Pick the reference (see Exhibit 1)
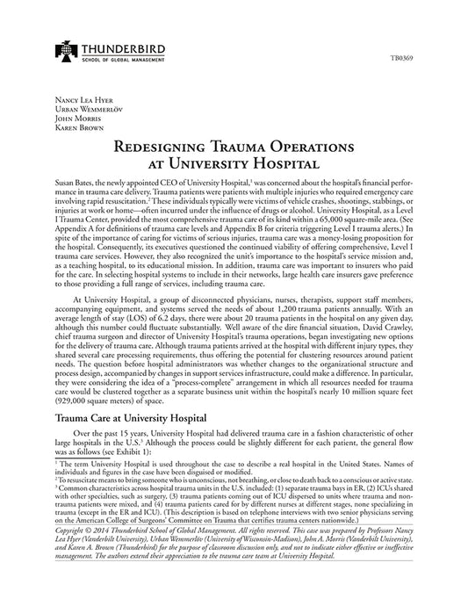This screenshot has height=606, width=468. [138, 453]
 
